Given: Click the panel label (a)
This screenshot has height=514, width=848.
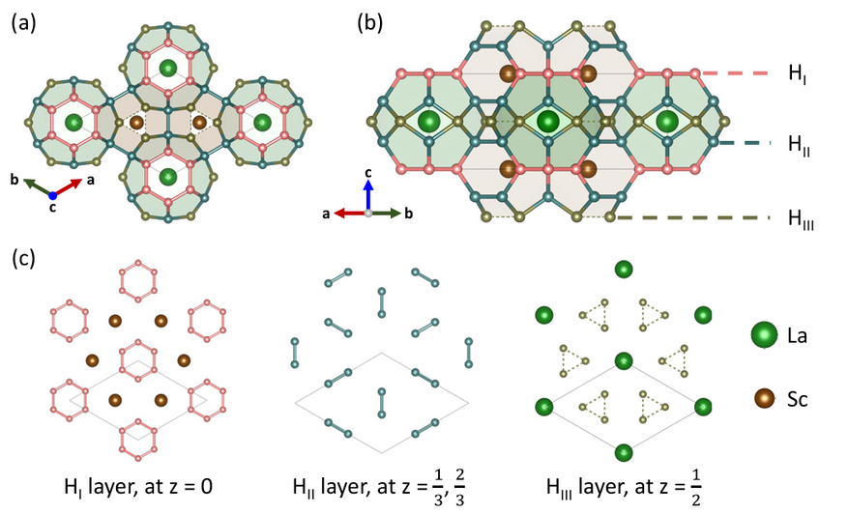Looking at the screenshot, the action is (23, 23).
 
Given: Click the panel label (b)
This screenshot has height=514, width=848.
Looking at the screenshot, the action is (370, 23).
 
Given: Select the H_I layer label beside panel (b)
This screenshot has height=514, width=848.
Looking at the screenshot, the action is (797, 74).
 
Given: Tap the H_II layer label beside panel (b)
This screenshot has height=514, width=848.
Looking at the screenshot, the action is (799, 145).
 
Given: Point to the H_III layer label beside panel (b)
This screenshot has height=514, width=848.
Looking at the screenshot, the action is (801, 219).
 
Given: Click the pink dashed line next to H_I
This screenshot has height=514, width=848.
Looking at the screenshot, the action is (736, 72).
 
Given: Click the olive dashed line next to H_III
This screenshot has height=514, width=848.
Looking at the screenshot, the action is (693, 217).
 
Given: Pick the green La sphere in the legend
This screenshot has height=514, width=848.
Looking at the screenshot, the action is (764, 335).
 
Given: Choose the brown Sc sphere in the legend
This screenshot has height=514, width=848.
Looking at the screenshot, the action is (765, 399).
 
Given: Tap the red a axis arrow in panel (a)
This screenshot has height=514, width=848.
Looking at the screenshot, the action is (68, 187).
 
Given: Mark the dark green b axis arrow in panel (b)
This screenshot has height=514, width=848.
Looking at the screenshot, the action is (385, 213).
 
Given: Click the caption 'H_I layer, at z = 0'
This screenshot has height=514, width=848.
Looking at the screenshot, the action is (138, 487).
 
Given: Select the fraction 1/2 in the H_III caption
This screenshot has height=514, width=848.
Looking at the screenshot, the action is (696, 489).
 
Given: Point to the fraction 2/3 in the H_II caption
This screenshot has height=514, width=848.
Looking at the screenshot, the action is (459, 489).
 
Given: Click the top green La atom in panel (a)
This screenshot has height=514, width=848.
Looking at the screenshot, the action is (168, 68).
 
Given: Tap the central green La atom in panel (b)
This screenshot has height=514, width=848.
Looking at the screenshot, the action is (548, 121).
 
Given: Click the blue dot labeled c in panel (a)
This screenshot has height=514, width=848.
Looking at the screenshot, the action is (53, 196).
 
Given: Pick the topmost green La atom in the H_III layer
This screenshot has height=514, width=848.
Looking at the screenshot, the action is (624, 270).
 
